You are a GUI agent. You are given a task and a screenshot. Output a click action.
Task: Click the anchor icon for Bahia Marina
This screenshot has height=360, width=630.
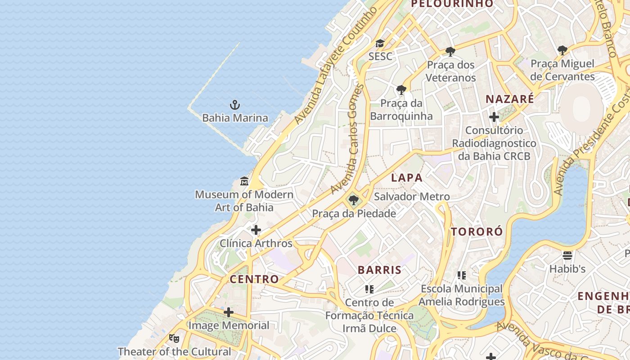pos(234,105)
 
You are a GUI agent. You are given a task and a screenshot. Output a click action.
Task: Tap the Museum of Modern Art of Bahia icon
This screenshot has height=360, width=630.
pos(244,181)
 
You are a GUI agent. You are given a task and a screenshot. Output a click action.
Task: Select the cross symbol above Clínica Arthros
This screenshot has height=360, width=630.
pos(256,230)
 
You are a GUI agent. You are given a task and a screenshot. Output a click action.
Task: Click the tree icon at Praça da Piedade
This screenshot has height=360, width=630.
pos(354,200)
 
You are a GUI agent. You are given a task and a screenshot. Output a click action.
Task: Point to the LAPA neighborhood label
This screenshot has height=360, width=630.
pos(407,178)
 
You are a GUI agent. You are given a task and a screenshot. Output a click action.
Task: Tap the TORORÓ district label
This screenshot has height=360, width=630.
pos(477,232)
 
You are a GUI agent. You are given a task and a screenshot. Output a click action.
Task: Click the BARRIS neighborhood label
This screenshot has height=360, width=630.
pos(379,270)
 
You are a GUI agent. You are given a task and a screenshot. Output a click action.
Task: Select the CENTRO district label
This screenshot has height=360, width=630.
pos(254,279)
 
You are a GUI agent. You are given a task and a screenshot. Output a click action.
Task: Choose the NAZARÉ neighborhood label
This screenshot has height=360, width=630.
pos(510,99)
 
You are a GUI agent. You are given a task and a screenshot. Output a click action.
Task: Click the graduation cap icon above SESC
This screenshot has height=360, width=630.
pos(380,44)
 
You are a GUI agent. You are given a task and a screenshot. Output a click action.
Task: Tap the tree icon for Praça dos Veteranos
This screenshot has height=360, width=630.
pos(450,52)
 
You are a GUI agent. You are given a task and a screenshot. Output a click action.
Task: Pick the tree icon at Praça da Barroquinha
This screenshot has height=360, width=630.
pos(401,90)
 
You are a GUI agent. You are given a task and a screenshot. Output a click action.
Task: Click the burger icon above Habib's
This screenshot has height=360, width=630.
pos(567,256)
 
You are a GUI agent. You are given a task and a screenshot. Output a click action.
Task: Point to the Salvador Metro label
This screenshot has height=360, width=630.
pos(412,197)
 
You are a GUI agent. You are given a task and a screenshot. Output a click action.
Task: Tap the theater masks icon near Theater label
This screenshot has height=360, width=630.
pos(174,338)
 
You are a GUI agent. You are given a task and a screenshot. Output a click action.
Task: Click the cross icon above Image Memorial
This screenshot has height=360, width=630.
pos(229,312)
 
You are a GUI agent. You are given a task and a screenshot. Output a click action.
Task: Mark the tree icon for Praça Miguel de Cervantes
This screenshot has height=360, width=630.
pos(562,50)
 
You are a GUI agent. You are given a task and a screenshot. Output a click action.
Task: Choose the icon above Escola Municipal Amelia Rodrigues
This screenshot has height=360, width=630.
pos(461,275)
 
